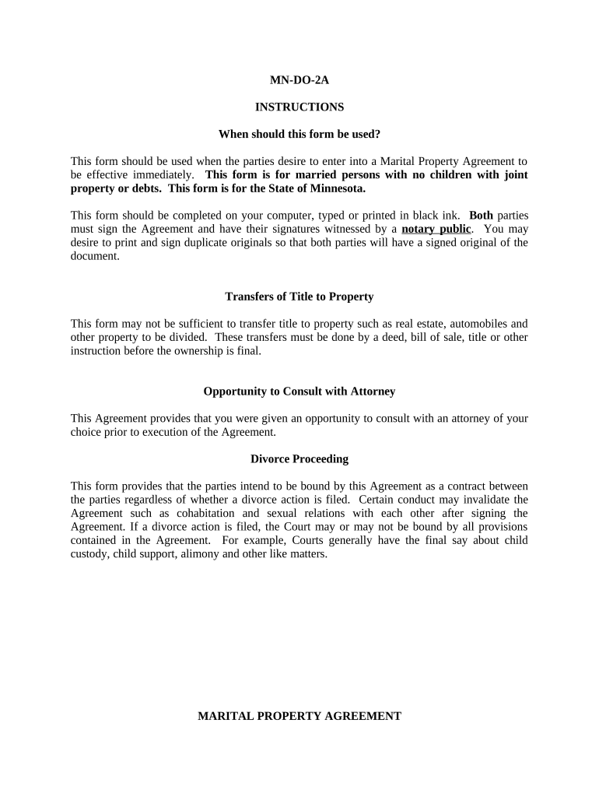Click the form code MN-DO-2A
[299, 79]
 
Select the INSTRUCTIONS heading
[299, 107]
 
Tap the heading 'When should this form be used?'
[299, 134]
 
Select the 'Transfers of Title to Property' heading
[299, 297]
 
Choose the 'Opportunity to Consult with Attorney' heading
[299, 391]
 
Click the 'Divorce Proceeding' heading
[299, 459]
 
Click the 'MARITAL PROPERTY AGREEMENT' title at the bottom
[299, 716]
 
